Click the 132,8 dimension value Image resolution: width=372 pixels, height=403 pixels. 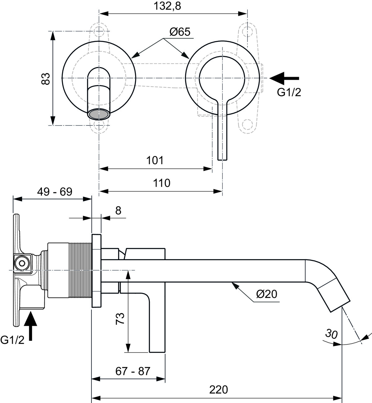pyautogui.click(x=167, y=6)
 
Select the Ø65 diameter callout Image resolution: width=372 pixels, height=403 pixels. pyautogui.click(x=180, y=32)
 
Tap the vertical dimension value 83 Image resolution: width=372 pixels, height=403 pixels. pyautogui.click(x=46, y=79)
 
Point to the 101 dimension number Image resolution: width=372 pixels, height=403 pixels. pyautogui.click(x=155, y=160)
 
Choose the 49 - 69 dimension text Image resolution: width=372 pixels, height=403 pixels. pyautogui.click(x=55, y=192)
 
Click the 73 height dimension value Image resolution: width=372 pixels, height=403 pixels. pyautogui.click(x=120, y=319)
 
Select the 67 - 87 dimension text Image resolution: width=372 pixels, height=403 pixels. pyautogui.click(x=133, y=371)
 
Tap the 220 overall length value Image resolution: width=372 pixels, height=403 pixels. pyautogui.click(x=219, y=390)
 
